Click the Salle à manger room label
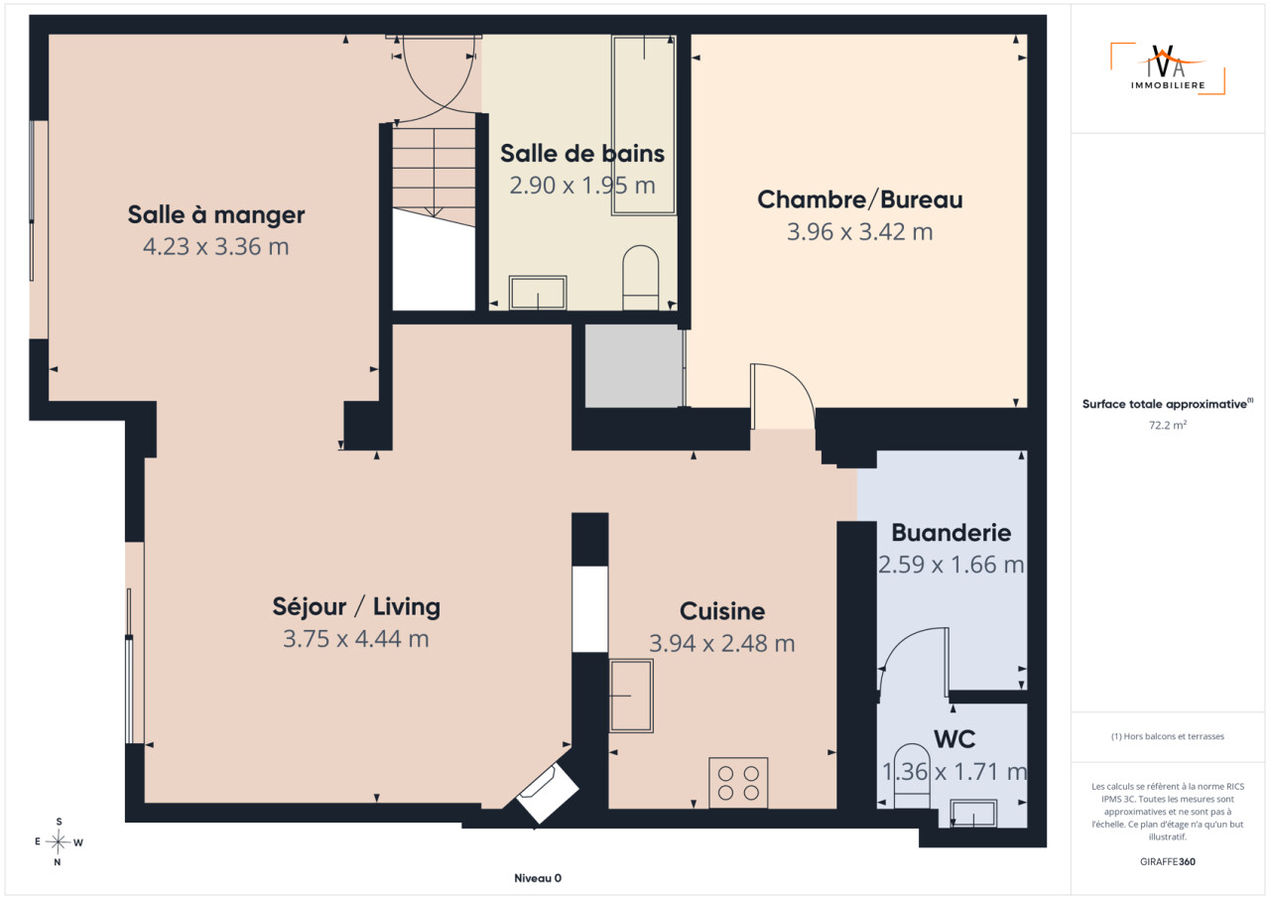click(x=216, y=215)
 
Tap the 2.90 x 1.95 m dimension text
click(x=582, y=186)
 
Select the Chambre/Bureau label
click(x=860, y=199)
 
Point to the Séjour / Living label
click(x=356, y=606)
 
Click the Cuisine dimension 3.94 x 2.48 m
click(x=721, y=643)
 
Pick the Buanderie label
click(x=952, y=533)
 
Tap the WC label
click(x=954, y=739)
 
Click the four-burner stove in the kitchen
click(x=738, y=783)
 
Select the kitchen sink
click(x=631, y=696)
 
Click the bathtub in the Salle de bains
click(x=644, y=125)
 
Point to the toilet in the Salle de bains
click(x=641, y=278)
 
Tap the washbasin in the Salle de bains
click(x=538, y=293)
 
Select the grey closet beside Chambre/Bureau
click(x=634, y=365)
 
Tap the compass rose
click(x=59, y=841)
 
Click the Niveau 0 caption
click(x=538, y=878)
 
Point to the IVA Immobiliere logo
click(x=1168, y=68)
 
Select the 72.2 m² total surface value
click(x=1168, y=425)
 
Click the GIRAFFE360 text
click(x=1168, y=861)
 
